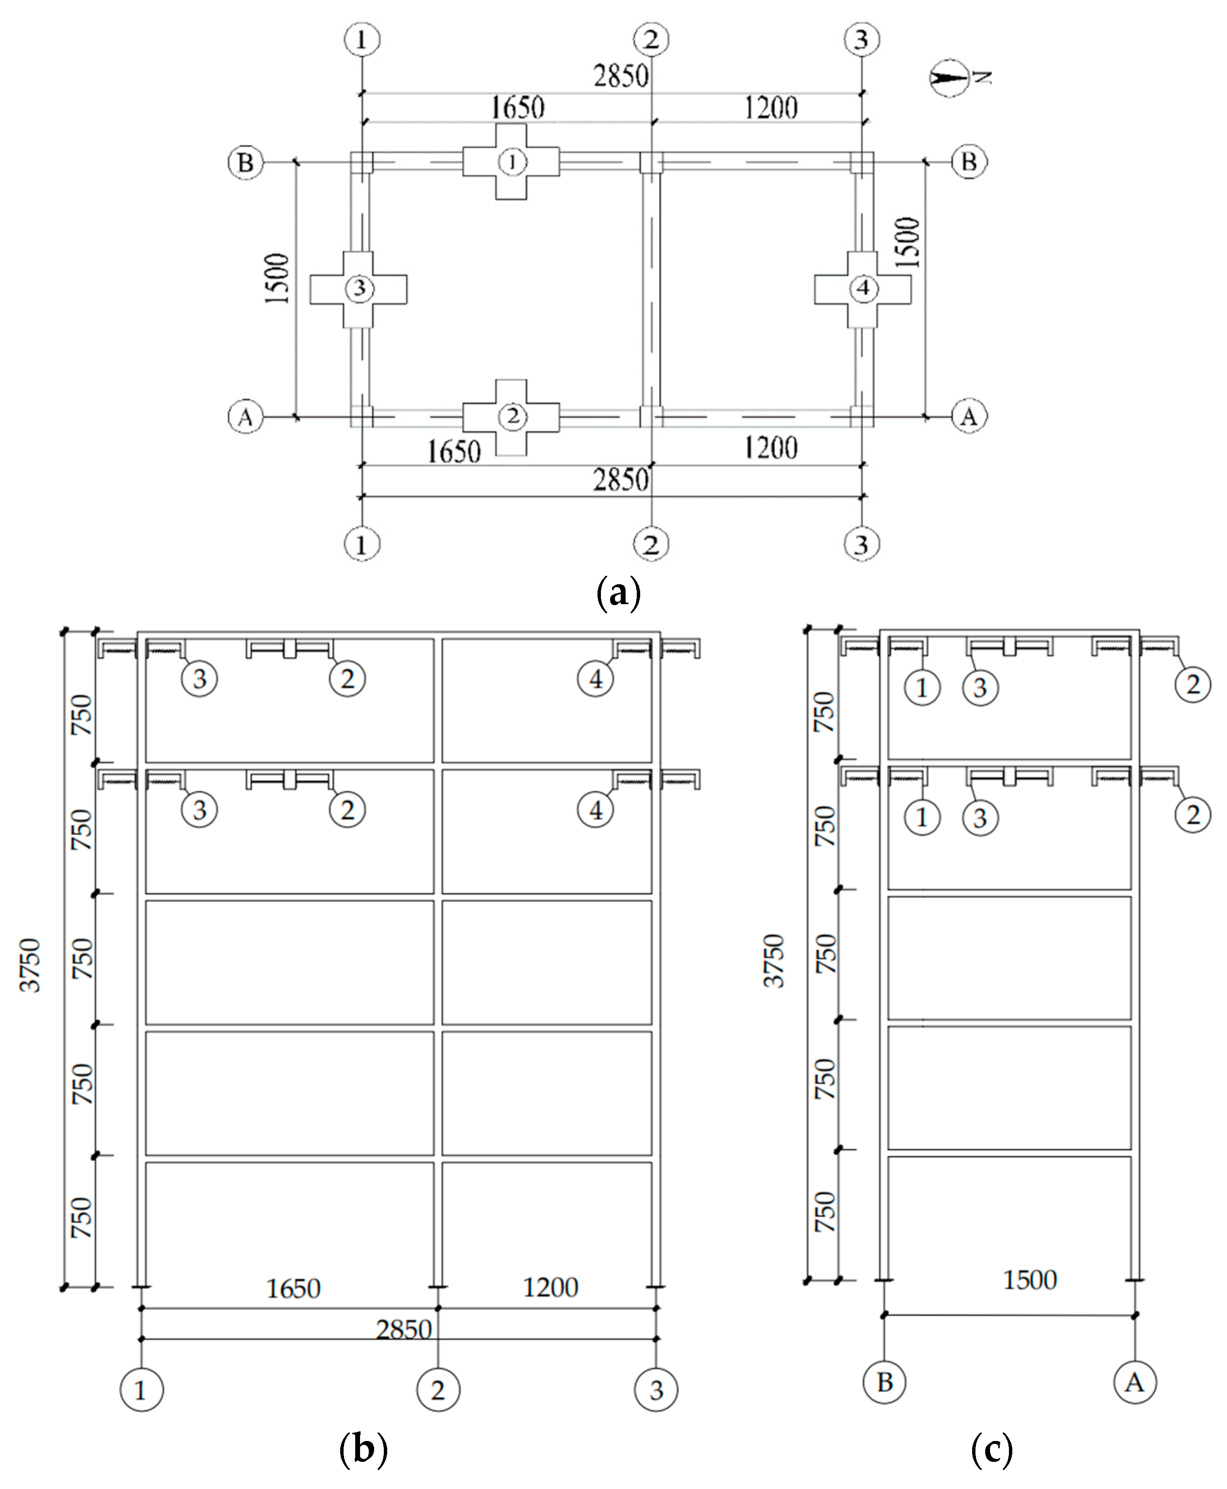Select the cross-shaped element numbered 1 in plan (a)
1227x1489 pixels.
pos(511,162)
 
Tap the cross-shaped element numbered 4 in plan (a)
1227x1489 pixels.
pos(862,288)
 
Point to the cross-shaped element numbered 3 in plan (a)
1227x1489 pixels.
pos(358,288)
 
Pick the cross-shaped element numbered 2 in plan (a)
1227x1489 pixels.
pos(511,417)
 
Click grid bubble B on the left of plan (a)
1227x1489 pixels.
pos(245,162)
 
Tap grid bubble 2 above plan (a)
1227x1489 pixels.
pos(651,40)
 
